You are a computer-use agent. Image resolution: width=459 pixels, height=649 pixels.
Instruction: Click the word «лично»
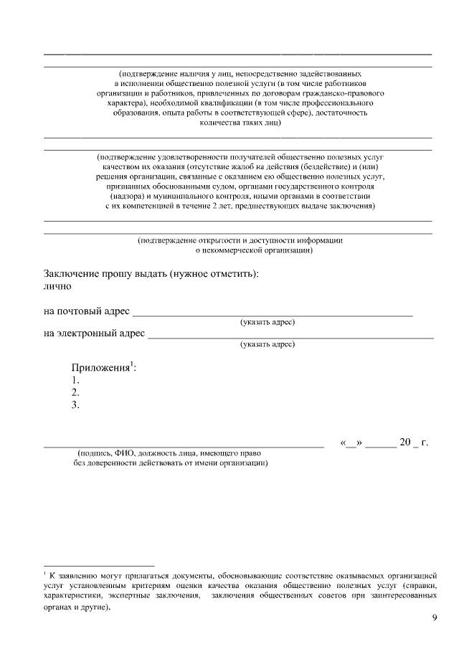pyautogui.click(x=57, y=287)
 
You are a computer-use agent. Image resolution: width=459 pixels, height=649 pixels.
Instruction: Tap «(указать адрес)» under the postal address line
pyautogui.click(x=268, y=322)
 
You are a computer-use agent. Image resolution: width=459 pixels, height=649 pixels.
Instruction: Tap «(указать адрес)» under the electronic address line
pyautogui.click(x=268, y=344)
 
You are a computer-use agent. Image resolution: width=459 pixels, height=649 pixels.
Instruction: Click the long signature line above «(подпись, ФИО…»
pyautogui.click(x=184, y=446)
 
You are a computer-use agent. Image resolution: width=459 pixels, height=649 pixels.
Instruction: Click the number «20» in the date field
pyautogui.click(x=404, y=442)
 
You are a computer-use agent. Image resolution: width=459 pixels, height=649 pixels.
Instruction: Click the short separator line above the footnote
pyautogui.click(x=99, y=565)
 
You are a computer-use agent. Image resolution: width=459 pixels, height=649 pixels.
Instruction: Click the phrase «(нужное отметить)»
pyautogui.click(x=214, y=275)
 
